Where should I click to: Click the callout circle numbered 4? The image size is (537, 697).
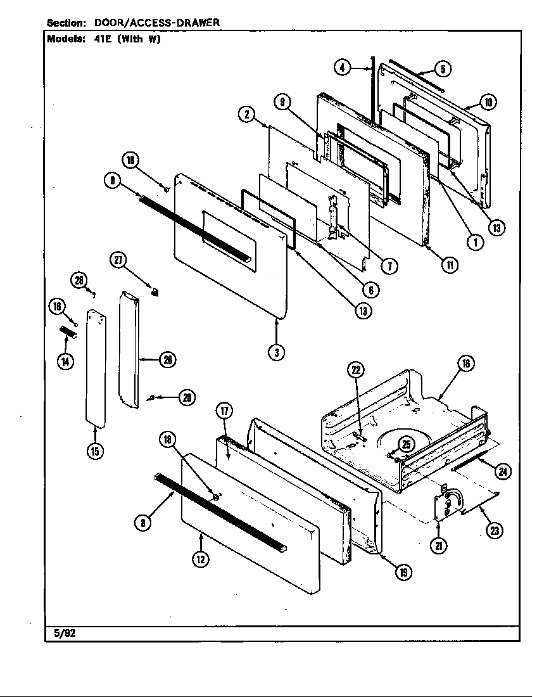[x=342, y=67]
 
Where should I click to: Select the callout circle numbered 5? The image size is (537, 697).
[x=443, y=70]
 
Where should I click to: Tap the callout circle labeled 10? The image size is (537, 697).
[x=488, y=102]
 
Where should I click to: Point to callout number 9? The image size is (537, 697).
[x=282, y=102]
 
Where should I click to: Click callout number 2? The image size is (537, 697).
[x=246, y=115]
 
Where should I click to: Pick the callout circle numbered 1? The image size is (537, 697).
[x=472, y=241]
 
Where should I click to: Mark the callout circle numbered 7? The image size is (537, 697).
[x=389, y=267]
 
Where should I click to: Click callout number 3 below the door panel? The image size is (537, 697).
[x=275, y=353]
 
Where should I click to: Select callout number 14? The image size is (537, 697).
[x=65, y=361]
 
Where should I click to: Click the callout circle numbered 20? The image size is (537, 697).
[x=186, y=397]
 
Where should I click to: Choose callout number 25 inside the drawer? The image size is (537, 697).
[x=407, y=444]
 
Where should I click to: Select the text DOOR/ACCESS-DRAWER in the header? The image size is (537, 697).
[x=157, y=22]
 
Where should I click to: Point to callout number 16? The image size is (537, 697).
[x=466, y=363]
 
